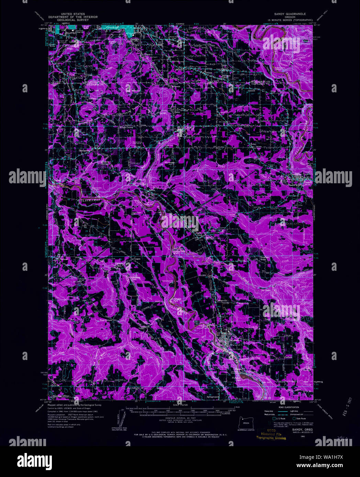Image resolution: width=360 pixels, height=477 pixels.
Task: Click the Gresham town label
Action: tap(112, 27)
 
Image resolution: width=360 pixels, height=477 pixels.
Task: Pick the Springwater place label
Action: tap(212, 397)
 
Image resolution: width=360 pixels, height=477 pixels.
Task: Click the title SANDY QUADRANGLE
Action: tap(290, 14)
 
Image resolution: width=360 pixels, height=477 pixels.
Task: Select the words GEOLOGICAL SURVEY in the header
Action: tap(72, 20)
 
